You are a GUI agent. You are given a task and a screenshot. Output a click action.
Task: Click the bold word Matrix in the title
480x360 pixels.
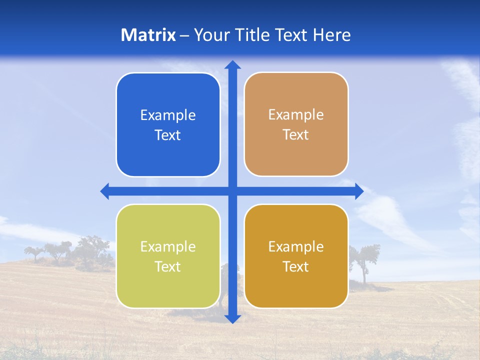coord(148,35)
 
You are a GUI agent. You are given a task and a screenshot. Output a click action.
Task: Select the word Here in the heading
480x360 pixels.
coord(331,35)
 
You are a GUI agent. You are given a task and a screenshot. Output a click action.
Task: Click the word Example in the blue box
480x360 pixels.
coord(168,115)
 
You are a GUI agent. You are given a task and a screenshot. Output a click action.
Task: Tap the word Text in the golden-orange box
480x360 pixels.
coord(296,266)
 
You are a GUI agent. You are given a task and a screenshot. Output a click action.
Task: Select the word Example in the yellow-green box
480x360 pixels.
coord(168,246)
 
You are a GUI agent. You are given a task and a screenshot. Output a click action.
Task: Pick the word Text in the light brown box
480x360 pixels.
coord(296,135)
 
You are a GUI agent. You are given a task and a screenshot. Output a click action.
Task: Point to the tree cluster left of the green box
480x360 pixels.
coord(75,252)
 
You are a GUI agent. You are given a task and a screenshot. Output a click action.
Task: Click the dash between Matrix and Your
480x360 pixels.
coord(185,35)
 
